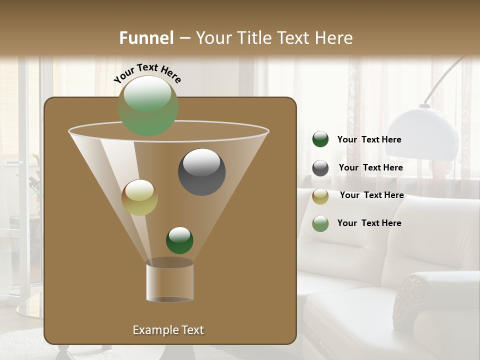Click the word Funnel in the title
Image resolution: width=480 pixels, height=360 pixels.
[x=146, y=38]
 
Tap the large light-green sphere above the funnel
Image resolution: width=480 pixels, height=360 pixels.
[x=148, y=106]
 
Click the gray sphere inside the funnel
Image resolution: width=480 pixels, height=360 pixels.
[x=201, y=171]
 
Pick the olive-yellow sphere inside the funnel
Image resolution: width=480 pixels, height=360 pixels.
[x=139, y=197]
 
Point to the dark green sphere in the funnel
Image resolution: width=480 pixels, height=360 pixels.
[x=179, y=240]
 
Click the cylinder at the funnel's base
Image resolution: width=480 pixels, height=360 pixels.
[x=170, y=281]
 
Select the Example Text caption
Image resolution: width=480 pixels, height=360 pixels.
[x=168, y=330]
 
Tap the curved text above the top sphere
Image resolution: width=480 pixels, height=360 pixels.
[x=147, y=73]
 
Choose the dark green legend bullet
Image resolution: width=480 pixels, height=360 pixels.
[x=320, y=139]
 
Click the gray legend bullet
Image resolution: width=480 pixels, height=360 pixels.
[x=320, y=168]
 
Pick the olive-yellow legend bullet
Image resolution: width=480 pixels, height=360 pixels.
[x=320, y=196]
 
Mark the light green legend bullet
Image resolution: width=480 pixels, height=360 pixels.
[x=320, y=223]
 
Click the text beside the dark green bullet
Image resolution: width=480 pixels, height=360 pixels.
[x=369, y=139]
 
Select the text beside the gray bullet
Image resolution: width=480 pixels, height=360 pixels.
[x=370, y=167]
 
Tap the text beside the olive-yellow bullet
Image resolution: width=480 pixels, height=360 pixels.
[x=371, y=195]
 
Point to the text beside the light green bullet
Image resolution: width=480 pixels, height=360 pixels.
[x=369, y=223]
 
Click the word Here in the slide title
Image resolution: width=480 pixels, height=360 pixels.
[x=332, y=38]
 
